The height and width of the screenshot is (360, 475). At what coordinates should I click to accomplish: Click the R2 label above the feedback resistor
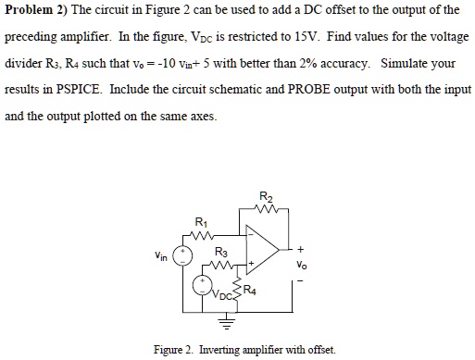tap(268, 195)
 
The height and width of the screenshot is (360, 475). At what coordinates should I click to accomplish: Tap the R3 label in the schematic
tap(219, 252)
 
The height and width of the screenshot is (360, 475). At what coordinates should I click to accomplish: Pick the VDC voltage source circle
tap(198, 286)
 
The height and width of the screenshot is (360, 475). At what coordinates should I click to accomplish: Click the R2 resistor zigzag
tap(268, 208)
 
